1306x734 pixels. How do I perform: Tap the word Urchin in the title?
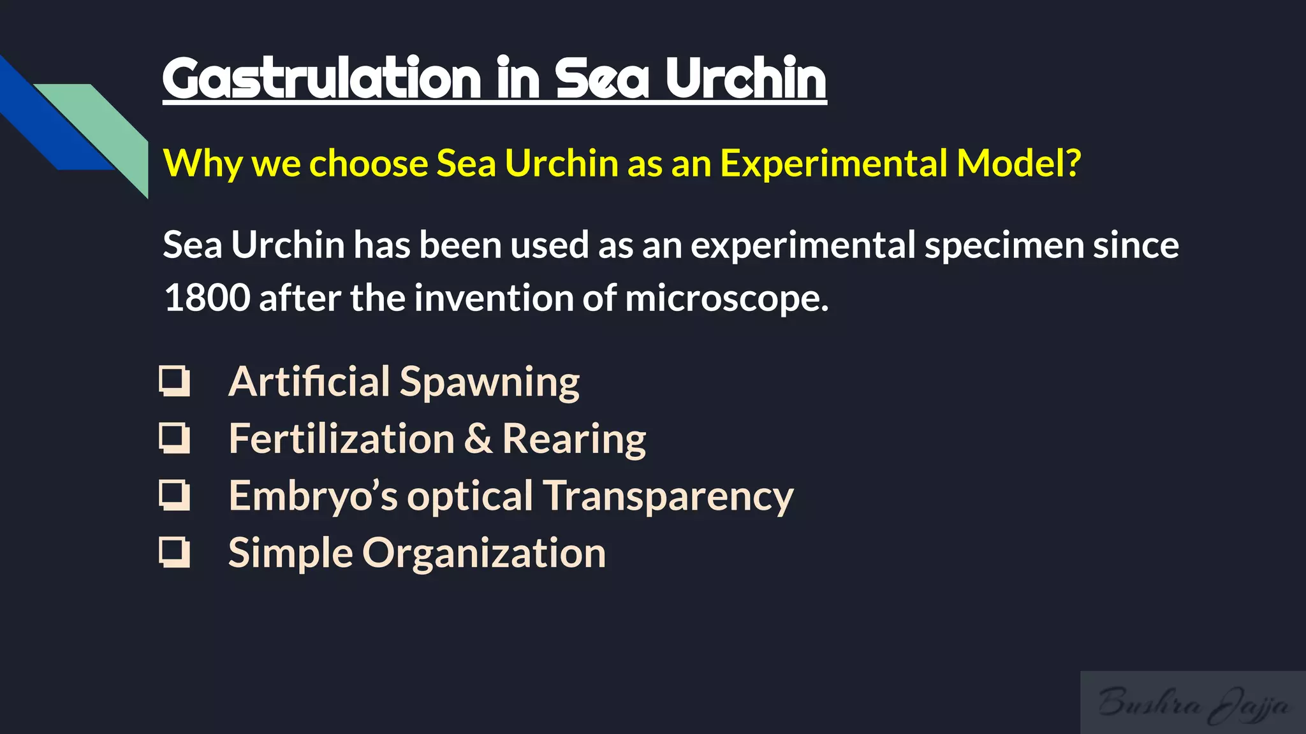pos(746,78)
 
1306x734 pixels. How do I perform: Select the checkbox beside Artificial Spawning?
pos(174,381)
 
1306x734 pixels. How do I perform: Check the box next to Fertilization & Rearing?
pos(174,438)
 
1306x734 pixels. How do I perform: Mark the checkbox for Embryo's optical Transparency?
pos(174,495)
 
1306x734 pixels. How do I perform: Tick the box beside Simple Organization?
pos(174,552)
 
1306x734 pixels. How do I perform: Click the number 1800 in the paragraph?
pos(207,298)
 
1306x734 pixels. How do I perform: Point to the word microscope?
pos(726,299)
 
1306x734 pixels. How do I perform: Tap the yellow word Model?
pos(1019,163)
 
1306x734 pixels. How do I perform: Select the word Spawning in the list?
pos(489,382)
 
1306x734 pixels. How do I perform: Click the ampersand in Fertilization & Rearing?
pos(478,439)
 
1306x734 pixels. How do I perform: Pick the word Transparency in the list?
pos(668,496)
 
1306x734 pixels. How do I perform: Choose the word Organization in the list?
pos(484,553)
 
